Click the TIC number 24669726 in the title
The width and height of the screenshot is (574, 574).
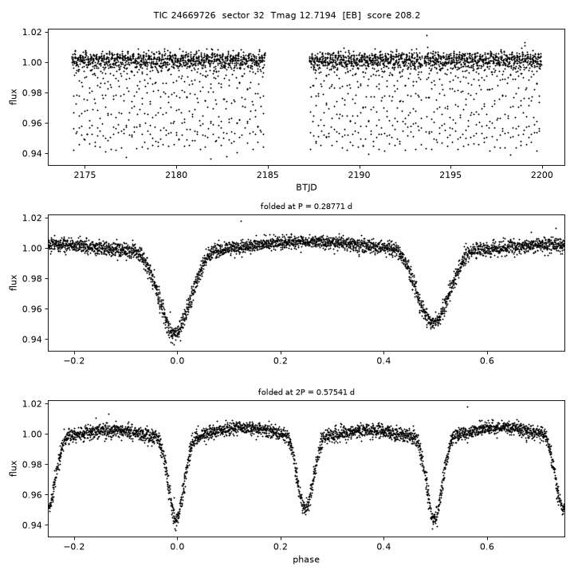(193, 15)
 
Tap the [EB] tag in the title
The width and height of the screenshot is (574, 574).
(352, 15)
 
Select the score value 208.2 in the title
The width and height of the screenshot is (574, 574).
(407, 15)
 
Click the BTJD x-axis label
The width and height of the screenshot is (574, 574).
(306, 187)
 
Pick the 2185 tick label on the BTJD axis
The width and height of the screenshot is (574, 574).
(268, 175)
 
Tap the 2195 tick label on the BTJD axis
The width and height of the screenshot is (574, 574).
(450, 175)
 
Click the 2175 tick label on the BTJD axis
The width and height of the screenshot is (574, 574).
(85, 175)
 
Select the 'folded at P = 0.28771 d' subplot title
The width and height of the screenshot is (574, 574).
(306, 206)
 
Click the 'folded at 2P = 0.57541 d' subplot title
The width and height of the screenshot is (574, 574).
(306, 392)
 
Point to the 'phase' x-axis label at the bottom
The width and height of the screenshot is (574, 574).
(306, 560)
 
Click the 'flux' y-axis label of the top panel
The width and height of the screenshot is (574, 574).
(14, 97)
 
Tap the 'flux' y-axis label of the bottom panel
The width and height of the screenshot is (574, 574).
(14, 469)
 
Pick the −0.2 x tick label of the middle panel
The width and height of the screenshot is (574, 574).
(74, 361)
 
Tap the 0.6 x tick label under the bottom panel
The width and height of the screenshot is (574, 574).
(487, 547)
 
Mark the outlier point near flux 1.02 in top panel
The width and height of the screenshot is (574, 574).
(427, 36)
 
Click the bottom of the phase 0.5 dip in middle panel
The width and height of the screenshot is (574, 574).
(433, 325)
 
